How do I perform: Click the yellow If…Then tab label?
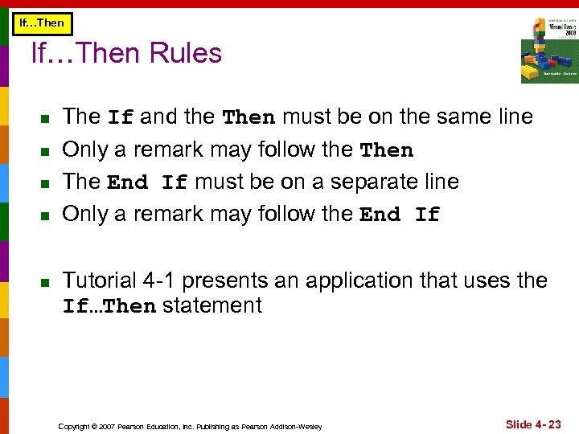tap(41, 23)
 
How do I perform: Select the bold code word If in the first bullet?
tap(121, 117)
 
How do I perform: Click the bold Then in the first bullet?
tap(248, 117)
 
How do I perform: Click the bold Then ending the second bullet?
tap(387, 150)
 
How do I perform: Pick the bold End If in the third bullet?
tap(147, 182)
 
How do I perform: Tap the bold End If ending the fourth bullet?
tap(400, 215)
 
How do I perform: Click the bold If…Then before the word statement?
tap(109, 306)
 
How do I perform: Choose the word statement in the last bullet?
tap(212, 305)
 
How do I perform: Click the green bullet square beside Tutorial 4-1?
tap(45, 282)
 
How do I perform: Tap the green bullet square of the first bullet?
tap(45, 118)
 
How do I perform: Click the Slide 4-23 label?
tap(533, 424)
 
